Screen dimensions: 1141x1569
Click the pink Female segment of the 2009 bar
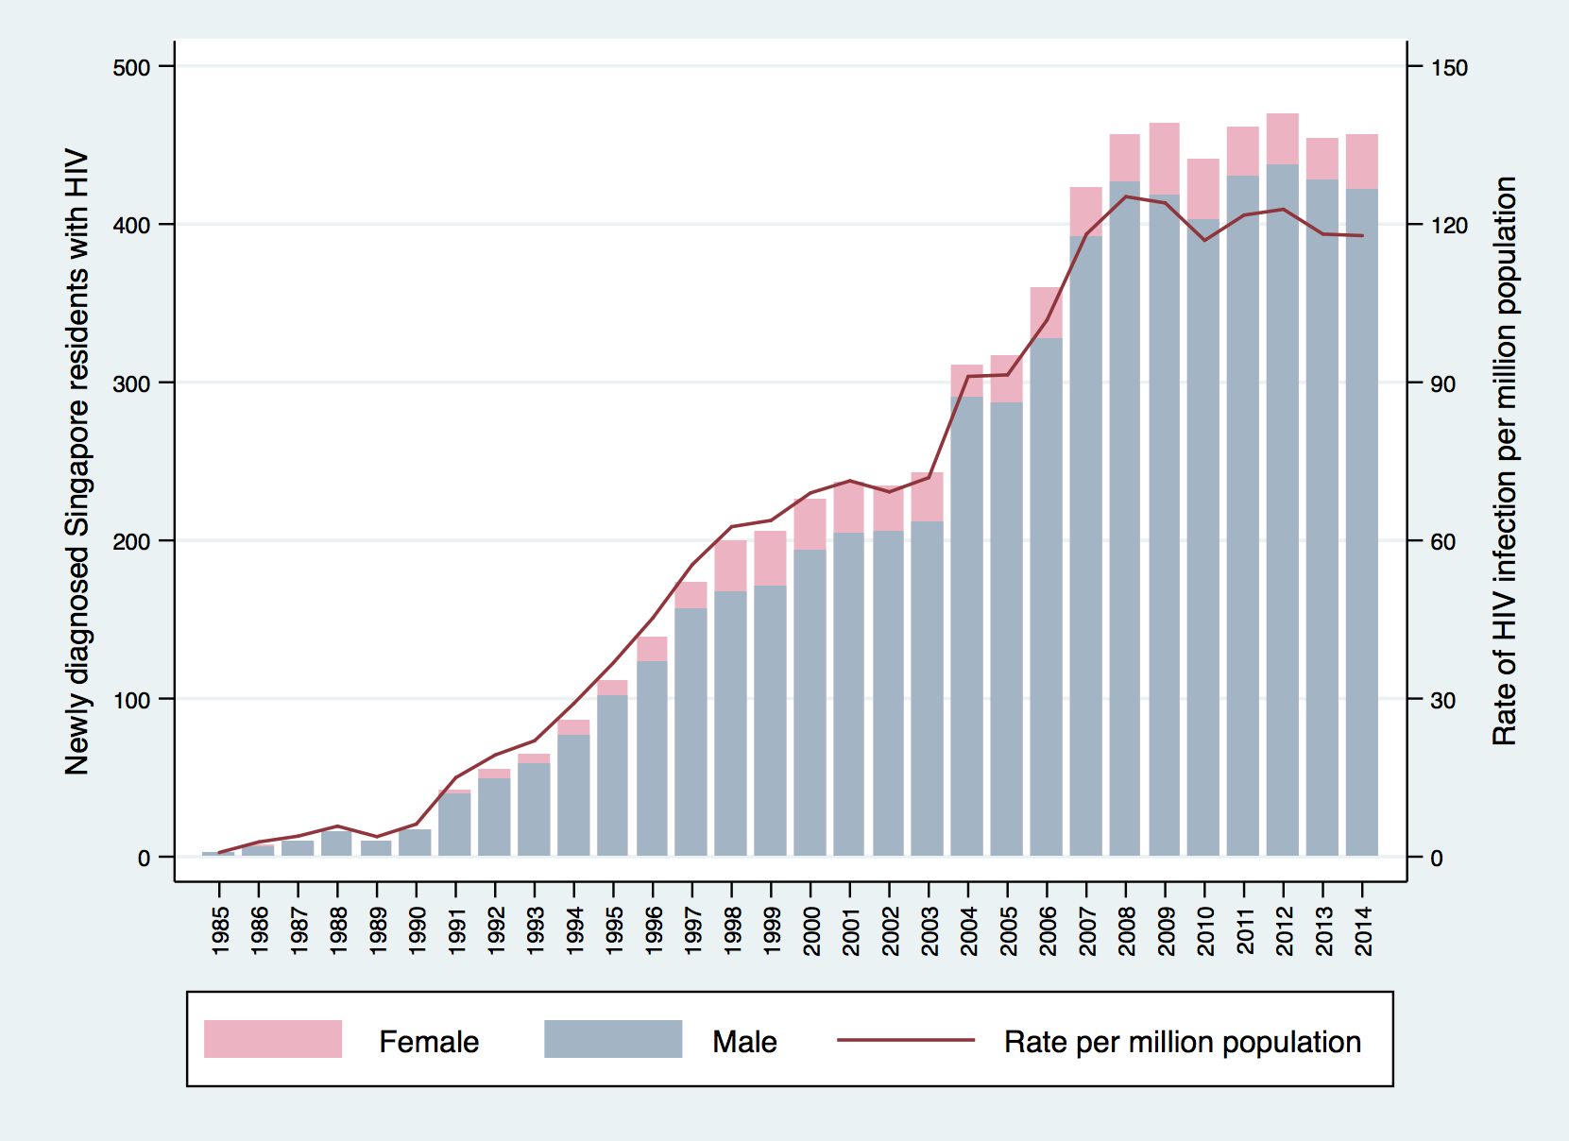click(x=1164, y=159)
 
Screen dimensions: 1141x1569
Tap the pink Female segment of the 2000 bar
click(x=810, y=524)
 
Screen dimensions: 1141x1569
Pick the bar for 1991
click(x=454, y=824)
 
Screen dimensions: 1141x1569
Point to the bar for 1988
click(x=336, y=843)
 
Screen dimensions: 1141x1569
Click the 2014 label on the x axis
click(x=1363, y=930)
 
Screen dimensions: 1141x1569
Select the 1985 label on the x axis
click(x=220, y=930)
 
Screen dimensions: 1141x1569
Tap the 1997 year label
click(x=693, y=930)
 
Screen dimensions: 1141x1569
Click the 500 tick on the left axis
click(x=131, y=67)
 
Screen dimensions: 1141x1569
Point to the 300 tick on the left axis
click(x=131, y=383)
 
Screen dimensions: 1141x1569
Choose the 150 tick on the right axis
click(x=1449, y=67)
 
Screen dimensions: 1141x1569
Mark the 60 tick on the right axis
click(x=1443, y=542)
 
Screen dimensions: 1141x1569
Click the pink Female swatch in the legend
click(x=273, y=1039)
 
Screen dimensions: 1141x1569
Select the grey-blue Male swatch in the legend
click(x=613, y=1039)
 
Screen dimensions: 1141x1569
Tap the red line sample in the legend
click(x=905, y=1040)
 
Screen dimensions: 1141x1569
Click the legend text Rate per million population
click(x=1182, y=1042)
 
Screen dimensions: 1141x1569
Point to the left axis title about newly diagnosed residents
click(x=77, y=462)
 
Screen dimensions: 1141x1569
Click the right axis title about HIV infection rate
click(x=1504, y=462)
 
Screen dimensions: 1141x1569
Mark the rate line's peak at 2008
click(x=1125, y=196)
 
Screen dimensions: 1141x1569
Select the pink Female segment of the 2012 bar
click(x=1282, y=139)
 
